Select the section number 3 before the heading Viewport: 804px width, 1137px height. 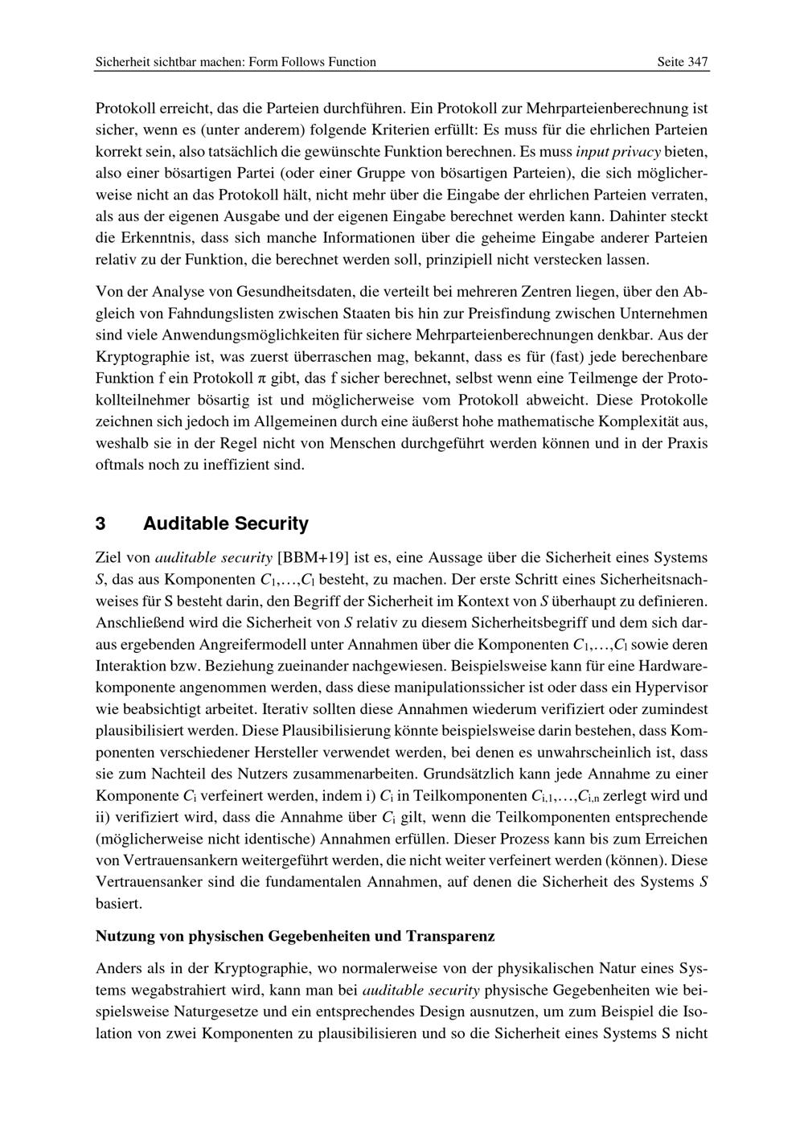click(100, 524)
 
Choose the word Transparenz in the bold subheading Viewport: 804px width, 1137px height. click(450, 937)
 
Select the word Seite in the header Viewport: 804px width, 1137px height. click(670, 62)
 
